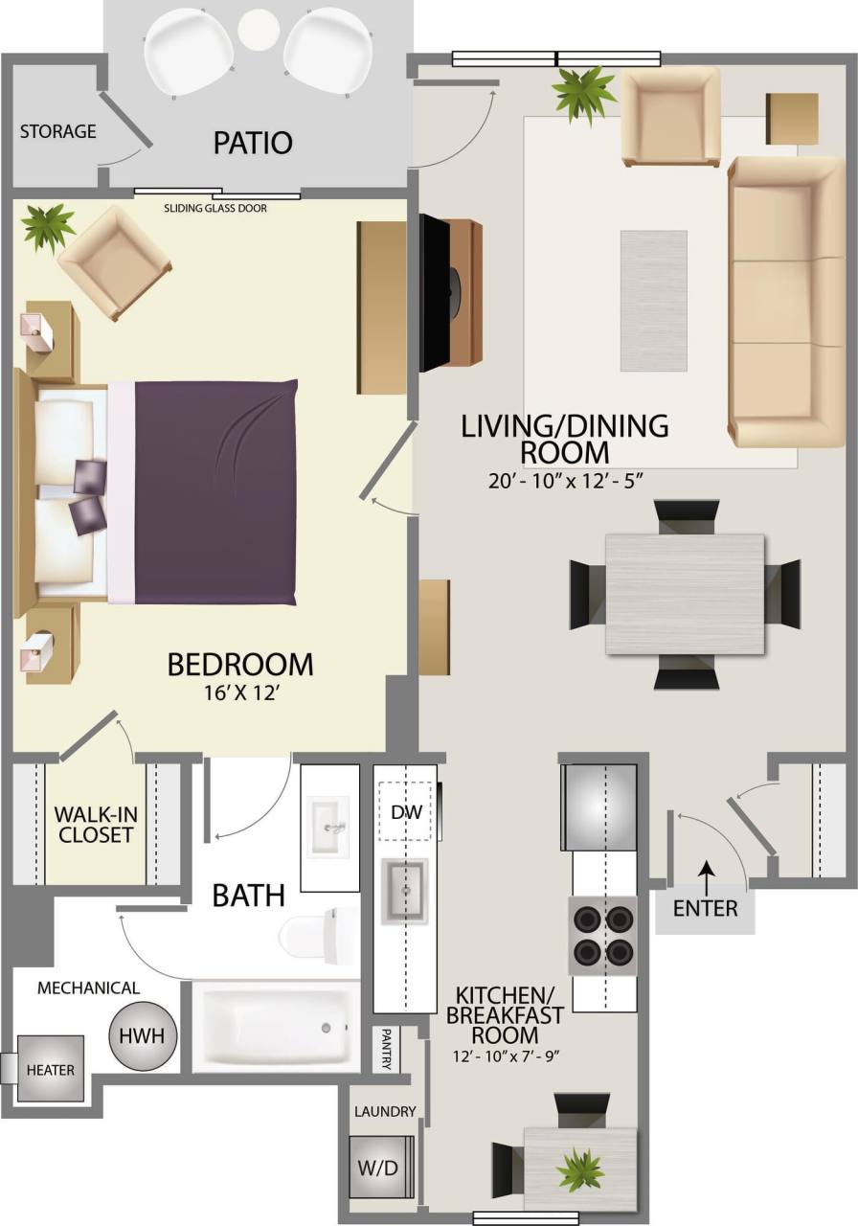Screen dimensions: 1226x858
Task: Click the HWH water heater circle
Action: tap(143, 1036)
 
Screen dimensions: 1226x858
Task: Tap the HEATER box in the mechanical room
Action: tap(50, 1069)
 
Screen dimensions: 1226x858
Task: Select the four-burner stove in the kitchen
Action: tap(602, 936)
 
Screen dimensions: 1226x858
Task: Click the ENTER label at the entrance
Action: tap(705, 907)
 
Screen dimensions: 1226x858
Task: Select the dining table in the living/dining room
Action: tap(684, 594)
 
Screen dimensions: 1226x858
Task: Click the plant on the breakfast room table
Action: tap(580, 1169)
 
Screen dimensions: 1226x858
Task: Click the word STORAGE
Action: tap(57, 131)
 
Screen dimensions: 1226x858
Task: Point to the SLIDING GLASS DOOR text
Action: tap(215, 208)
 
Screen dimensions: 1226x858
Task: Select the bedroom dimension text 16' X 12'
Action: tap(240, 692)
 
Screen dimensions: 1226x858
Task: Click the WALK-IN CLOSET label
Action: tap(93, 825)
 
